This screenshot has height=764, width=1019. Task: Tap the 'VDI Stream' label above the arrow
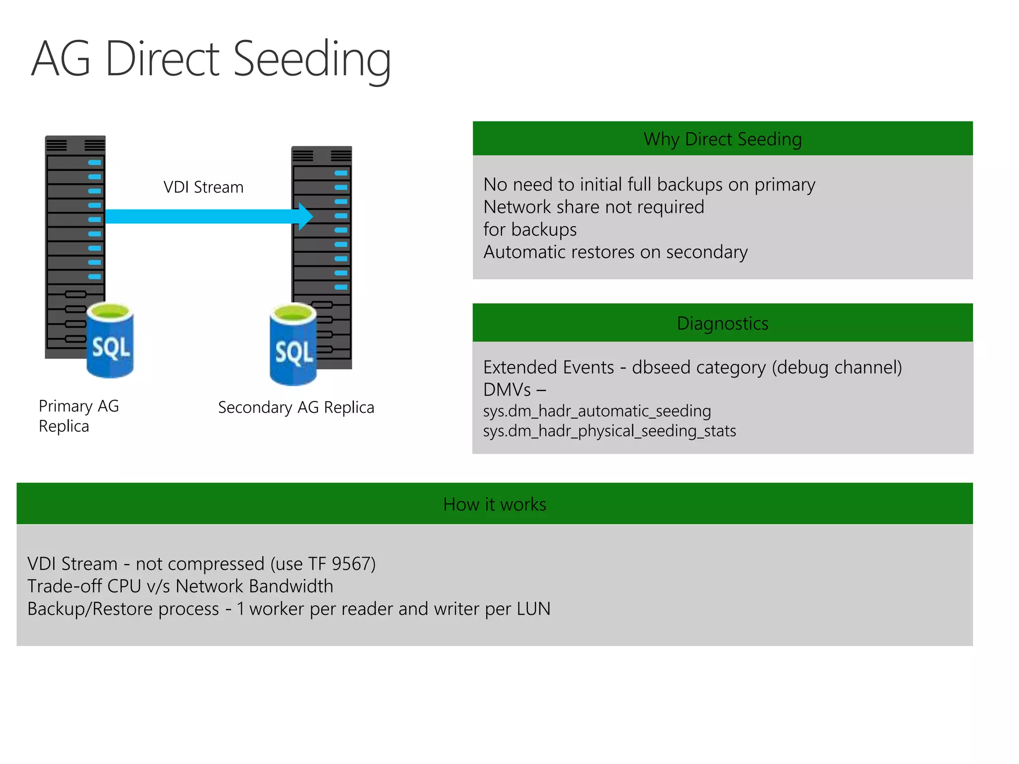pos(204,188)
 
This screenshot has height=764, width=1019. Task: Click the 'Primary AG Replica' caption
pos(79,416)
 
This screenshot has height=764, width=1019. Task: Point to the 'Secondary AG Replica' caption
pos(296,407)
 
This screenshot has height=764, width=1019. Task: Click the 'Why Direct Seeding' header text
pos(722,139)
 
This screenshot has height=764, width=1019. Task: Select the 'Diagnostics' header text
pos(722,323)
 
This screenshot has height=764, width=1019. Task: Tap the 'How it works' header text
pos(495,504)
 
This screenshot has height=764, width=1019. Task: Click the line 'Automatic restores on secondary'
pos(615,252)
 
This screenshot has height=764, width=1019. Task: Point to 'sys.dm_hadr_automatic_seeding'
pos(597,411)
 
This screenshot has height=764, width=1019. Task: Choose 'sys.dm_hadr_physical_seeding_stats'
pos(610,431)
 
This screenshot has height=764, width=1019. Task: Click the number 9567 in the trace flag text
pos(351,564)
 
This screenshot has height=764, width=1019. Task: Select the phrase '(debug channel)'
pos(837,368)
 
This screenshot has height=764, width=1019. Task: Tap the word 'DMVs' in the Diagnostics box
pos(507,389)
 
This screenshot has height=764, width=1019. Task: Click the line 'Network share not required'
pos(594,207)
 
